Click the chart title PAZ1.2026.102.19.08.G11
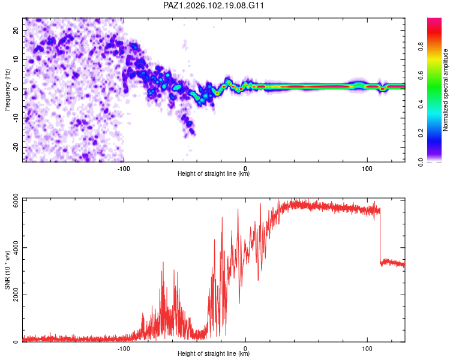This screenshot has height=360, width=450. point(213,5)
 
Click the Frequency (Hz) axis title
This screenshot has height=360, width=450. point(7,90)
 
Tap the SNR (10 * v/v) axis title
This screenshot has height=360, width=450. point(7,270)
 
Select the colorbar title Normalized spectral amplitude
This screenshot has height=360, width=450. point(445,90)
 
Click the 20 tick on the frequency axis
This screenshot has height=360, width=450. point(16,30)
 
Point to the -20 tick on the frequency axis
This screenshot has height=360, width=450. point(16,147)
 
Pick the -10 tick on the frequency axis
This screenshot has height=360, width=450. point(16,118)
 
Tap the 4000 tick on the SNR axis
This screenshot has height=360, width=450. point(16,247)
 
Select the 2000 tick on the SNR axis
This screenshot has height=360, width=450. point(16,295)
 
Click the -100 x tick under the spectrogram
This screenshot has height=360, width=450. point(124,169)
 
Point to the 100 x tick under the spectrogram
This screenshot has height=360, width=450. point(367,169)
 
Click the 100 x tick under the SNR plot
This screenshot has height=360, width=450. point(367,349)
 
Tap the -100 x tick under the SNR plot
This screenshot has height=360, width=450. point(124,349)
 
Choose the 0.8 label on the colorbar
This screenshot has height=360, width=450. point(421,47)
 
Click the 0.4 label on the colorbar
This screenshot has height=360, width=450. point(421,104)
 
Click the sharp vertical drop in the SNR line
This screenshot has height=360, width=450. point(380,236)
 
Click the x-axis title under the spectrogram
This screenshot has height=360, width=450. point(214,173)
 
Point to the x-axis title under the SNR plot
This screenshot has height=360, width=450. point(214,353)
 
